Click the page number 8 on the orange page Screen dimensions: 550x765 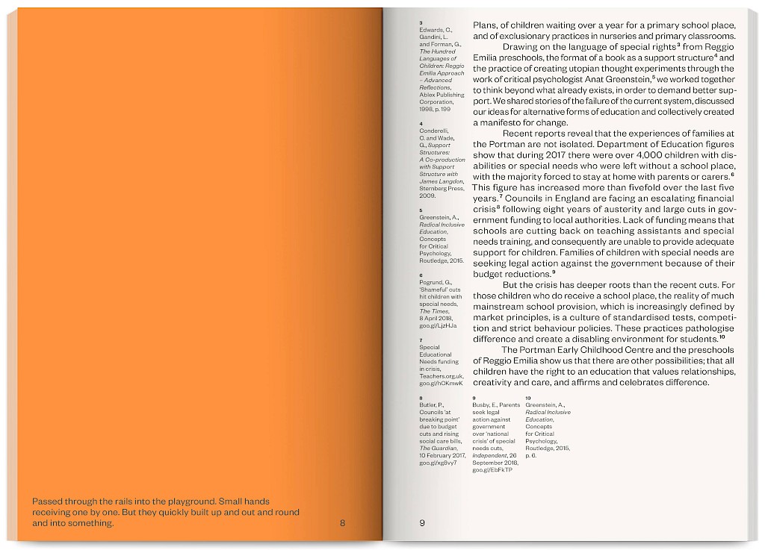point(342,523)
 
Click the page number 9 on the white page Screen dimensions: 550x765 point(422,523)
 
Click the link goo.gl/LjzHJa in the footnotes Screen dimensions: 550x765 point(438,326)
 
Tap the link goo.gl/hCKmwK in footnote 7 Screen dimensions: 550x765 point(442,383)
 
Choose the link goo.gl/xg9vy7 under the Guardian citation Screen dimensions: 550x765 point(438,463)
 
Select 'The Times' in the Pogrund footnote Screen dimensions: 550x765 point(432,312)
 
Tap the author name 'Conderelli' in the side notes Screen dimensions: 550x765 point(433,131)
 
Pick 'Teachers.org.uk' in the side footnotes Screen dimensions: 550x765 point(442,375)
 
